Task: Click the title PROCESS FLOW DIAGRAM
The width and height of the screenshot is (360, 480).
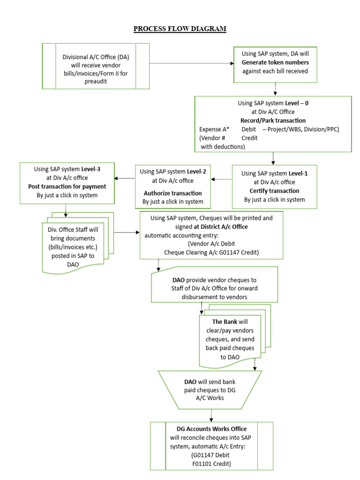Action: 180,29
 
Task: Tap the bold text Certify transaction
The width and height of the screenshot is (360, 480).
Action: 274,191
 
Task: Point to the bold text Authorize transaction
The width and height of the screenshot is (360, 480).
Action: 172,193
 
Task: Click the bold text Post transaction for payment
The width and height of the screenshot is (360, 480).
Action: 67,187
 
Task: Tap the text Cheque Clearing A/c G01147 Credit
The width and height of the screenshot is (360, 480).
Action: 211,253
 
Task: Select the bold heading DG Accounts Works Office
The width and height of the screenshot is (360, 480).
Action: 211,429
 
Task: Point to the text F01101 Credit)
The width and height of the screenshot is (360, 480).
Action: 211,464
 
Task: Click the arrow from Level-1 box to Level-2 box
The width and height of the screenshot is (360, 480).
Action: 221,179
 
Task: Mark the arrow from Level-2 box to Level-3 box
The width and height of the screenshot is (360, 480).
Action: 125,178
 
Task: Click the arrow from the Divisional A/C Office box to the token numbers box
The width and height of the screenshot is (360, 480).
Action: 191,64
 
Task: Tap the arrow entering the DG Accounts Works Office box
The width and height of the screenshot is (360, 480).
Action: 212,415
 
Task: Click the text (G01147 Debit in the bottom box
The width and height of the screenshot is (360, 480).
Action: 211,455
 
